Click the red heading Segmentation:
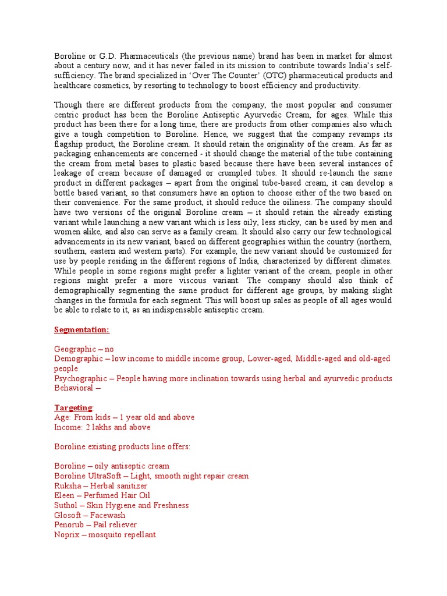pyautogui.click(x=81, y=330)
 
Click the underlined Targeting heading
pyautogui.click(x=73, y=407)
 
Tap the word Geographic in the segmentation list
pyautogui.click(x=74, y=349)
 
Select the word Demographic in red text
pyautogui.click(x=79, y=359)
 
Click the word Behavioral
pyautogui.click(x=73, y=388)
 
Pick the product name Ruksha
pyautogui.click(x=68, y=485)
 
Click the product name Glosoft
pyautogui.click(x=68, y=515)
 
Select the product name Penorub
pyautogui.click(x=70, y=525)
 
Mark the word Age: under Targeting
pyautogui.click(x=62, y=417)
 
